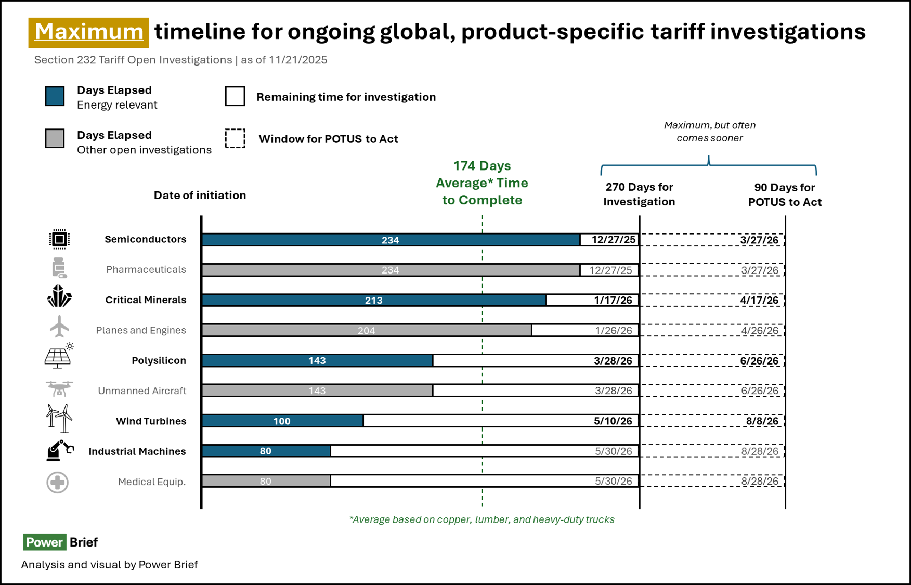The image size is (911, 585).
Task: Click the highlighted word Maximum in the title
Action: click(x=89, y=32)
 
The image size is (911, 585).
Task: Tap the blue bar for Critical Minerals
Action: click(x=374, y=300)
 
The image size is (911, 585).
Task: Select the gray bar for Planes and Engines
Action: click(x=367, y=330)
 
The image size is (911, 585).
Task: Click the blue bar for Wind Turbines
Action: click(x=282, y=421)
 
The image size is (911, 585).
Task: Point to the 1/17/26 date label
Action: click(x=613, y=300)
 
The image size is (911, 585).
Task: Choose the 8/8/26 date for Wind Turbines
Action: click(x=762, y=421)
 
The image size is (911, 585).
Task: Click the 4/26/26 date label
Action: click(x=760, y=330)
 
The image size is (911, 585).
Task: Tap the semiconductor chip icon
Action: click(x=59, y=239)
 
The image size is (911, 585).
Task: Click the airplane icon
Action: click(x=59, y=327)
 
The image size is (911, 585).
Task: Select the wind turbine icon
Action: click(x=59, y=418)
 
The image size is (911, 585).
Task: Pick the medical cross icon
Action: click(x=58, y=483)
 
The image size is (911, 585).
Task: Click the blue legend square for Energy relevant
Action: click(x=55, y=96)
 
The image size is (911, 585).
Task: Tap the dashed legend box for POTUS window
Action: click(x=235, y=139)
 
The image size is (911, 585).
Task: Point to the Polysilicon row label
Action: click(x=159, y=361)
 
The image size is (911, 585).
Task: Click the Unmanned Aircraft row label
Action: click(x=142, y=391)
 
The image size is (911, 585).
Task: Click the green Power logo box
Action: click(x=45, y=542)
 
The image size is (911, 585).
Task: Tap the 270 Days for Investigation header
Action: click(x=639, y=194)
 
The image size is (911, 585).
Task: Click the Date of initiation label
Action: click(x=200, y=196)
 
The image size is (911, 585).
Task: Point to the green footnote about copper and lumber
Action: click(x=482, y=519)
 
